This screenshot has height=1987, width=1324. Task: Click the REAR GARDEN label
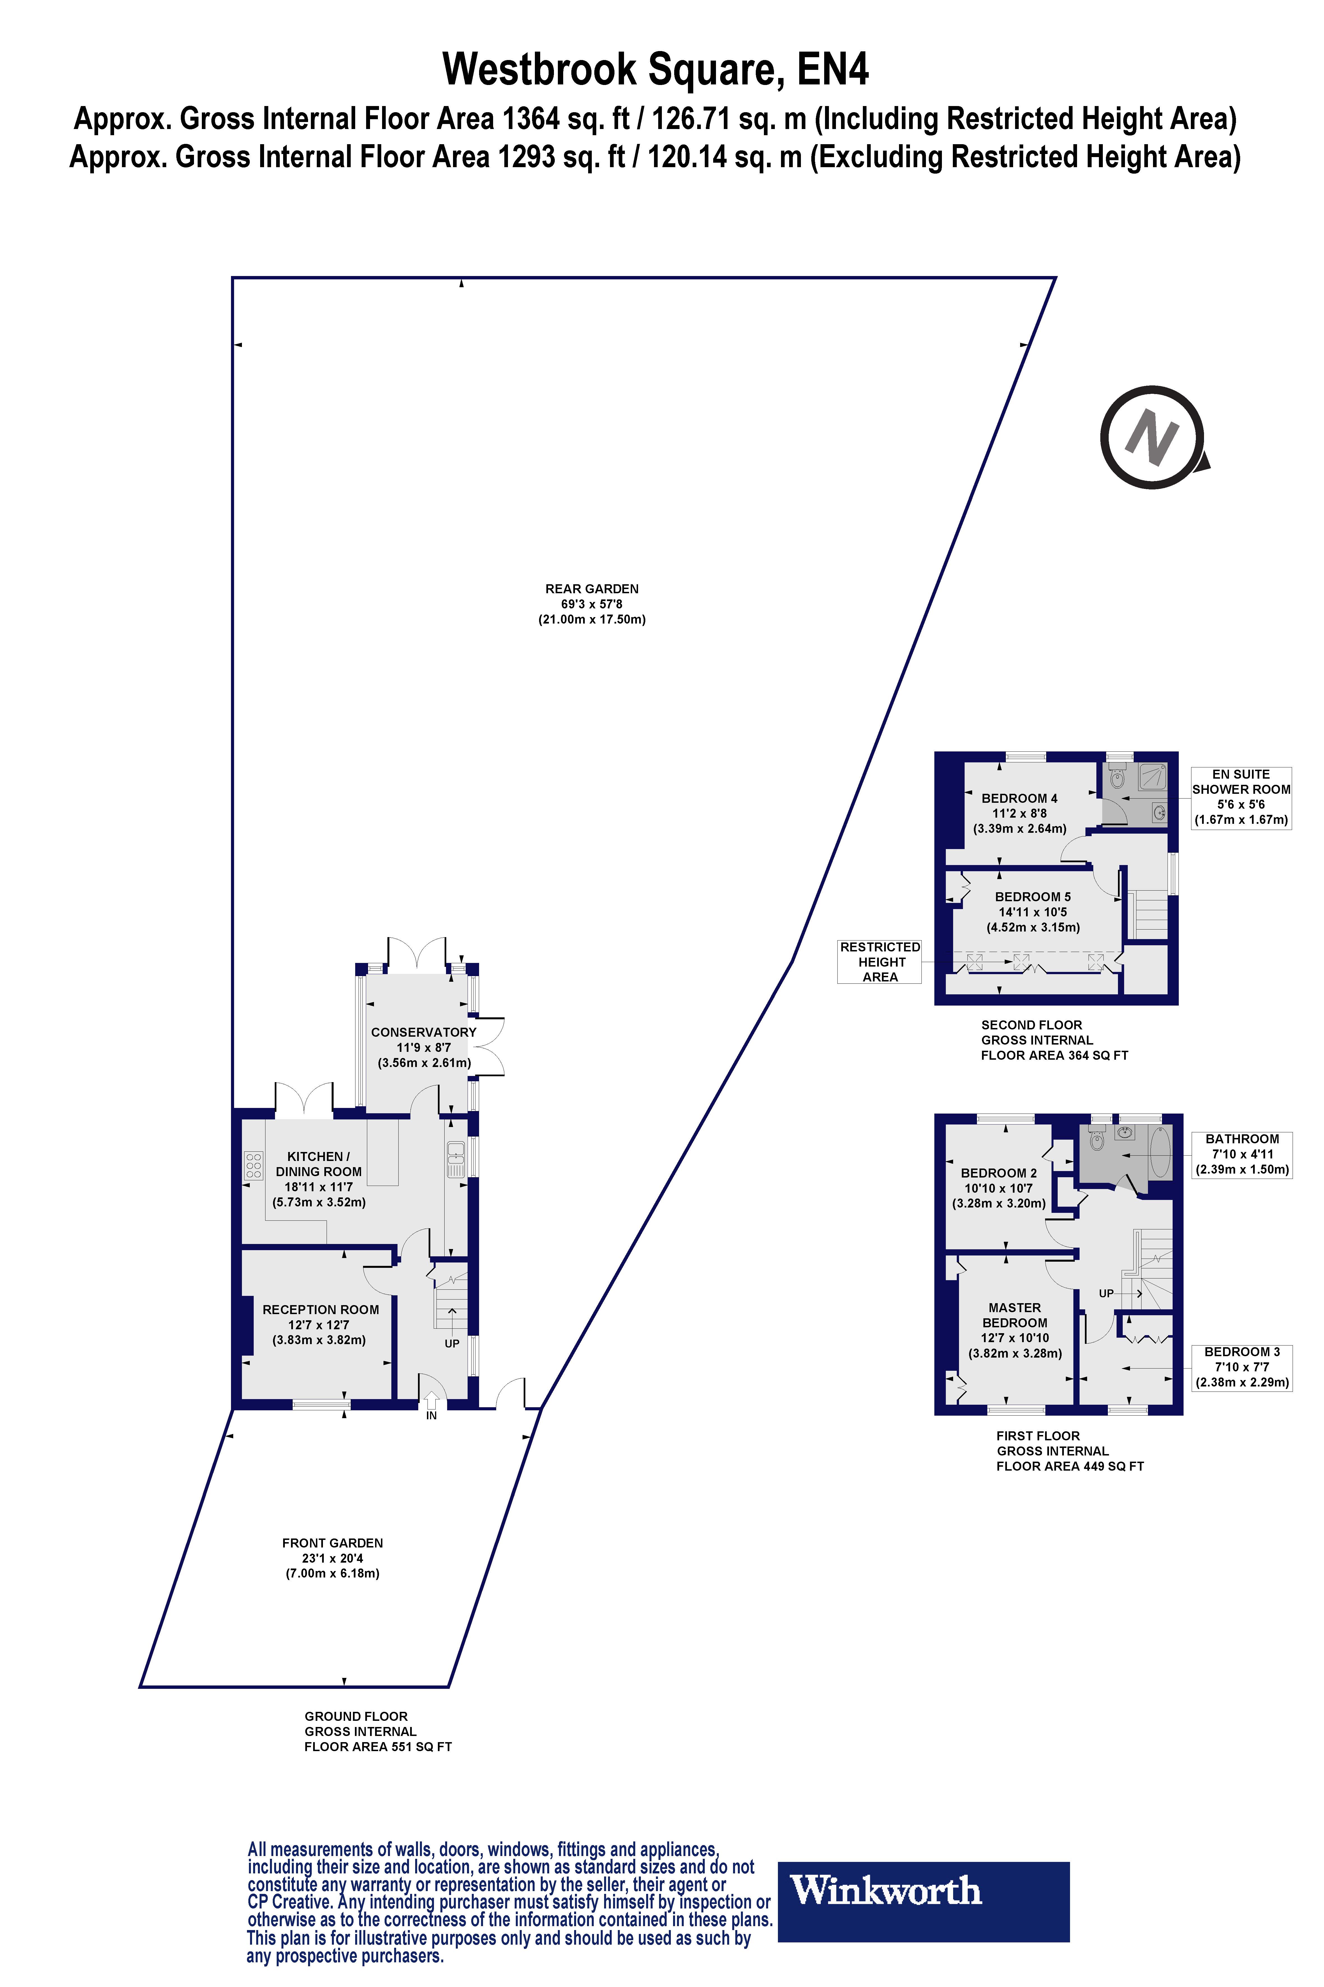(x=592, y=589)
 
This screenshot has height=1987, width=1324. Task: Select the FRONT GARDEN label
(x=333, y=1543)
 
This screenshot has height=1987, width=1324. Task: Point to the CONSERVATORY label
(x=424, y=1032)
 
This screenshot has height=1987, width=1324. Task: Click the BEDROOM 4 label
(x=1019, y=798)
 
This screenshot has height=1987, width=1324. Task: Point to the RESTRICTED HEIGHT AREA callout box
(x=880, y=962)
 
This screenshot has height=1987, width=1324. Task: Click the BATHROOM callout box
(x=1242, y=1154)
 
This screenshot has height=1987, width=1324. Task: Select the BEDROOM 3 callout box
(x=1242, y=1367)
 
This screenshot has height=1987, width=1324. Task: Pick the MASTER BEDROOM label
(x=1015, y=1316)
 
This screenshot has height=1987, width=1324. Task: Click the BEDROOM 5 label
(x=1033, y=896)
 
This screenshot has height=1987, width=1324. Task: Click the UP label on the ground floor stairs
(x=452, y=1343)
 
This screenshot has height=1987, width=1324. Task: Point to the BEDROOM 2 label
(x=999, y=1173)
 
